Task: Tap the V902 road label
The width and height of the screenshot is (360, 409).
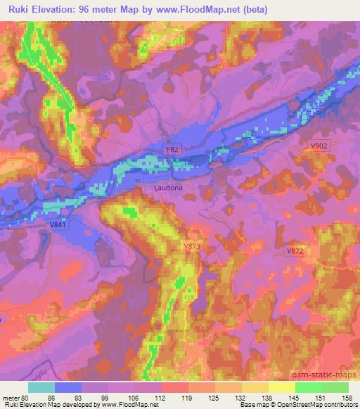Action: (x=319, y=145)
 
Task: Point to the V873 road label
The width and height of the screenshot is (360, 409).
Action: (x=191, y=246)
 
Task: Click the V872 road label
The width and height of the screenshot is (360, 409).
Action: (x=295, y=251)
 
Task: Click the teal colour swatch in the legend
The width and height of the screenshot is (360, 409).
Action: (x=42, y=387)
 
